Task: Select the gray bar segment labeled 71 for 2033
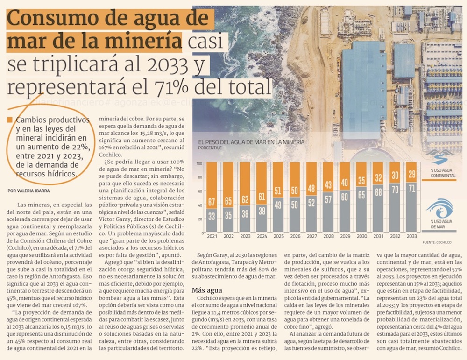click(x=411, y=207)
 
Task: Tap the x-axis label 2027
click(x=311, y=237)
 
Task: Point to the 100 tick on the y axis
click(x=199, y=163)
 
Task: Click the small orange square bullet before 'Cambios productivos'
click(x=10, y=120)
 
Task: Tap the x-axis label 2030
click(x=361, y=237)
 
